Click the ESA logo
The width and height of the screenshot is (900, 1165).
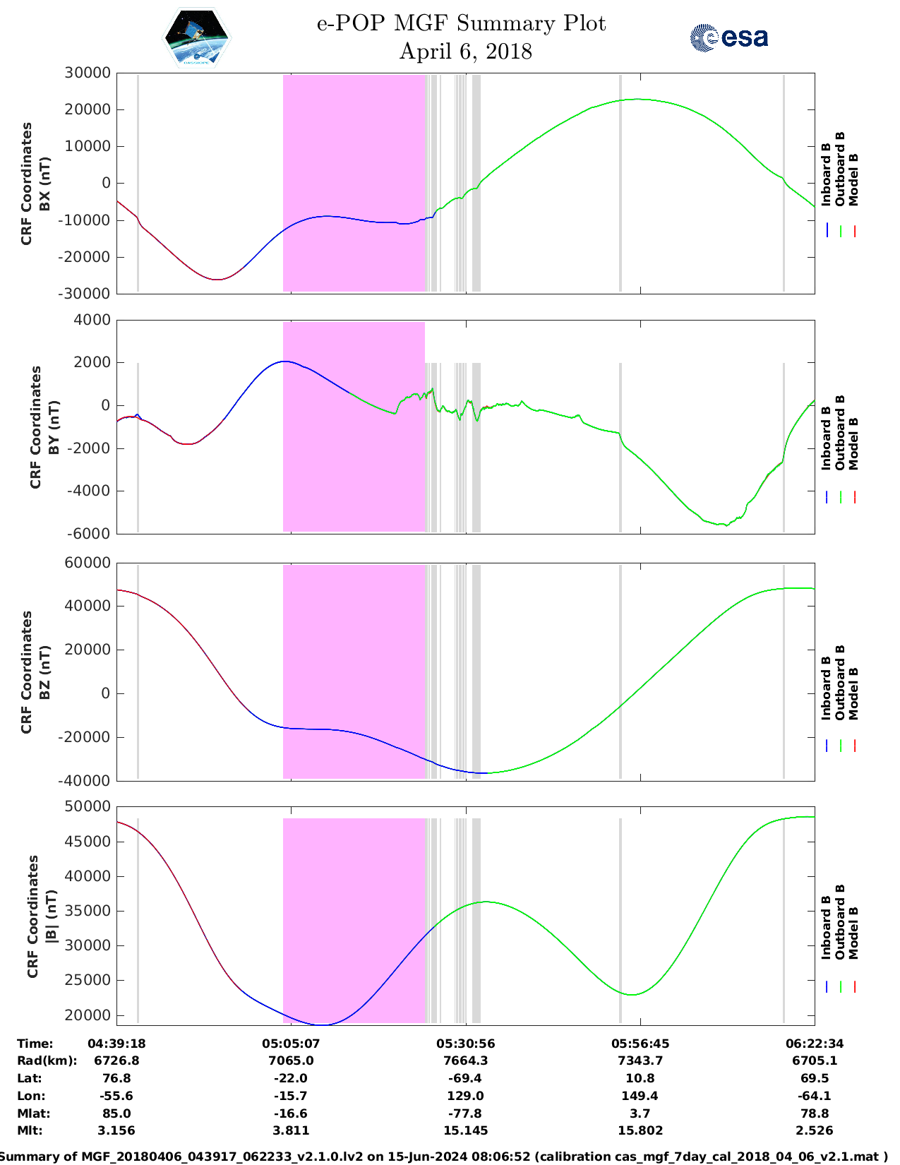coord(728,37)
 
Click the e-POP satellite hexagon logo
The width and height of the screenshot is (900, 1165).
coord(197,38)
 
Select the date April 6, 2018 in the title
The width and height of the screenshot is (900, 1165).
coord(465,52)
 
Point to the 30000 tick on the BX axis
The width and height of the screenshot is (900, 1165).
coord(87,73)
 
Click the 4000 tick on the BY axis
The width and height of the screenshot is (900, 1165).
coord(91,320)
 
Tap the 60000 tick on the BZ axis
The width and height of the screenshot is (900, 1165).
coord(87,563)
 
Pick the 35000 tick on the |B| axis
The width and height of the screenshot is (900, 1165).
coord(87,911)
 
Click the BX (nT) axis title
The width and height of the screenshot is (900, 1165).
coord(45,184)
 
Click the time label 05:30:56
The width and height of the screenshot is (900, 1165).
coord(465,1044)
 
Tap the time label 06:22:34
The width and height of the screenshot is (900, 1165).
coord(814,1044)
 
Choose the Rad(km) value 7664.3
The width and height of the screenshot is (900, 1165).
coord(465,1061)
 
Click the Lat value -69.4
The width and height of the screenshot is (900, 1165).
coord(465,1078)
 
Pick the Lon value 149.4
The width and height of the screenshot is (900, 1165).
coord(640,1096)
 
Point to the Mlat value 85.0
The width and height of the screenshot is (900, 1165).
coord(116,1113)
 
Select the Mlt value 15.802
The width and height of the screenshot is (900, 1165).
coord(640,1130)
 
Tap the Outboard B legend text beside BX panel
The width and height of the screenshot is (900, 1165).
coord(840,169)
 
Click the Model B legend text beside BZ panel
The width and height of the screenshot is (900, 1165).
coord(853,693)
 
